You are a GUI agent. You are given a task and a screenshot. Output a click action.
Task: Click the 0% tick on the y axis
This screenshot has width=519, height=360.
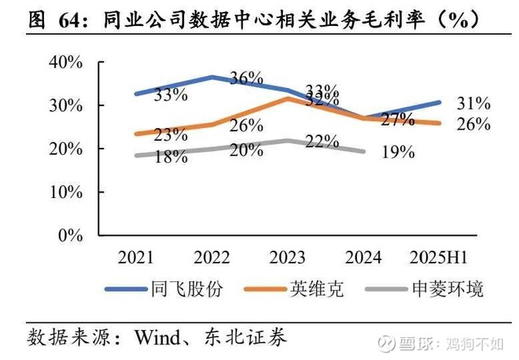tap(68, 234)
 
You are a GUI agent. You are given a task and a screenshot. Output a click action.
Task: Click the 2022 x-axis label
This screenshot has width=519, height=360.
tap(212, 257)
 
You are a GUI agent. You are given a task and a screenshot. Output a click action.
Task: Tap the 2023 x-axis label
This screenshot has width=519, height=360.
tap(288, 257)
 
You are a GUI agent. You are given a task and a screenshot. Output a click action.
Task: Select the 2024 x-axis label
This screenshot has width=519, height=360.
tap(363, 257)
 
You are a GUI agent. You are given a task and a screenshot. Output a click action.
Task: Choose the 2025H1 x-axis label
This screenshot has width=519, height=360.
tap(439, 257)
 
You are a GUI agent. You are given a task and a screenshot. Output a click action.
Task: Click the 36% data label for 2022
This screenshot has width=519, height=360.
tap(246, 78)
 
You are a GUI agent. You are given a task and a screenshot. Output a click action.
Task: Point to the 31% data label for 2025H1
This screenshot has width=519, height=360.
tap(473, 103)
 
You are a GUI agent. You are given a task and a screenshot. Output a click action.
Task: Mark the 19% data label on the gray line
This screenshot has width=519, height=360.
tap(398, 152)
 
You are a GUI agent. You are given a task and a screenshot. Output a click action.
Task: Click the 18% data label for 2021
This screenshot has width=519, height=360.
tap(171, 156)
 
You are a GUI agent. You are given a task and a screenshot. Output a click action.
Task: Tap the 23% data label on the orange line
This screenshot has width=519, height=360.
tap(171, 134)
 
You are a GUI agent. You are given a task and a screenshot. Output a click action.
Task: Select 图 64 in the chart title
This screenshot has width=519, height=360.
tap(57, 21)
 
